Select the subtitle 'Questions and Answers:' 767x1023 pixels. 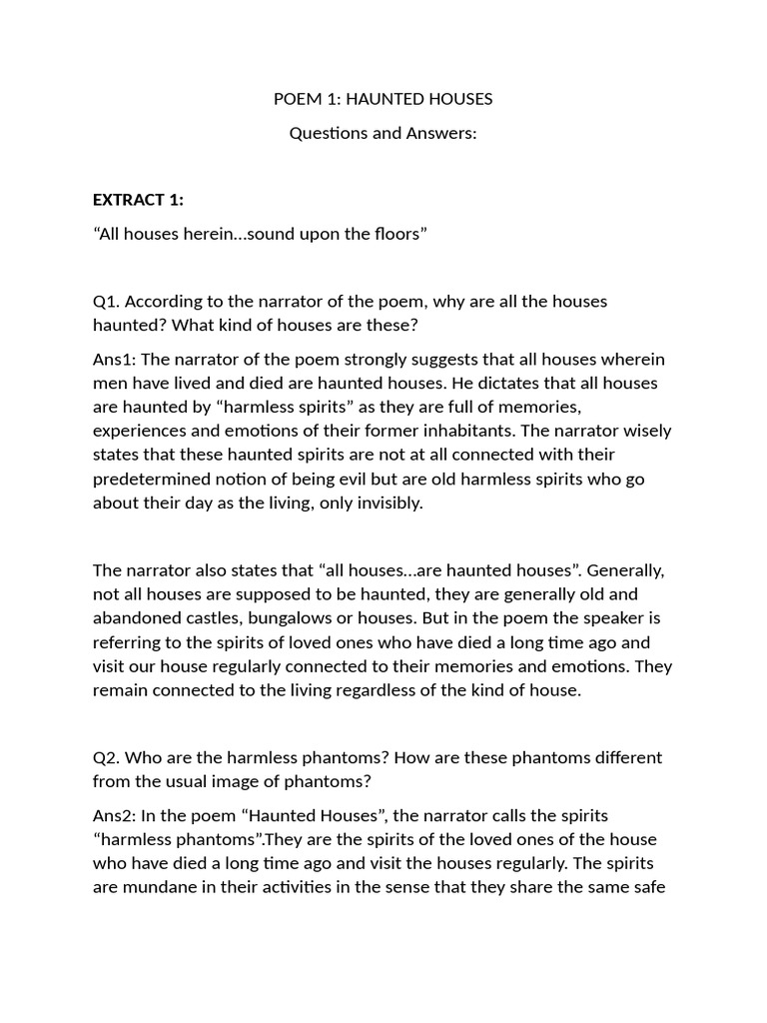coord(383,133)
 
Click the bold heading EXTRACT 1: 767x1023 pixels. coord(138,199)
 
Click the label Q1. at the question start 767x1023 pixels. coord(107,301)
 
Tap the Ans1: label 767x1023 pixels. coord(114,359)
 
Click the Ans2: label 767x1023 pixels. coord(114,815)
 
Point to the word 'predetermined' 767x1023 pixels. coord(145,479)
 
